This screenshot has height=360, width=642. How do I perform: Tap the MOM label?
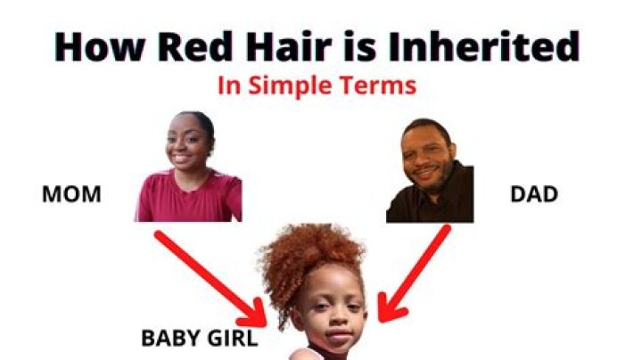71,193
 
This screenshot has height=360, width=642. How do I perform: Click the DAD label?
534,193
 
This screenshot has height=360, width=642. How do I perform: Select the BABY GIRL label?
200,339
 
